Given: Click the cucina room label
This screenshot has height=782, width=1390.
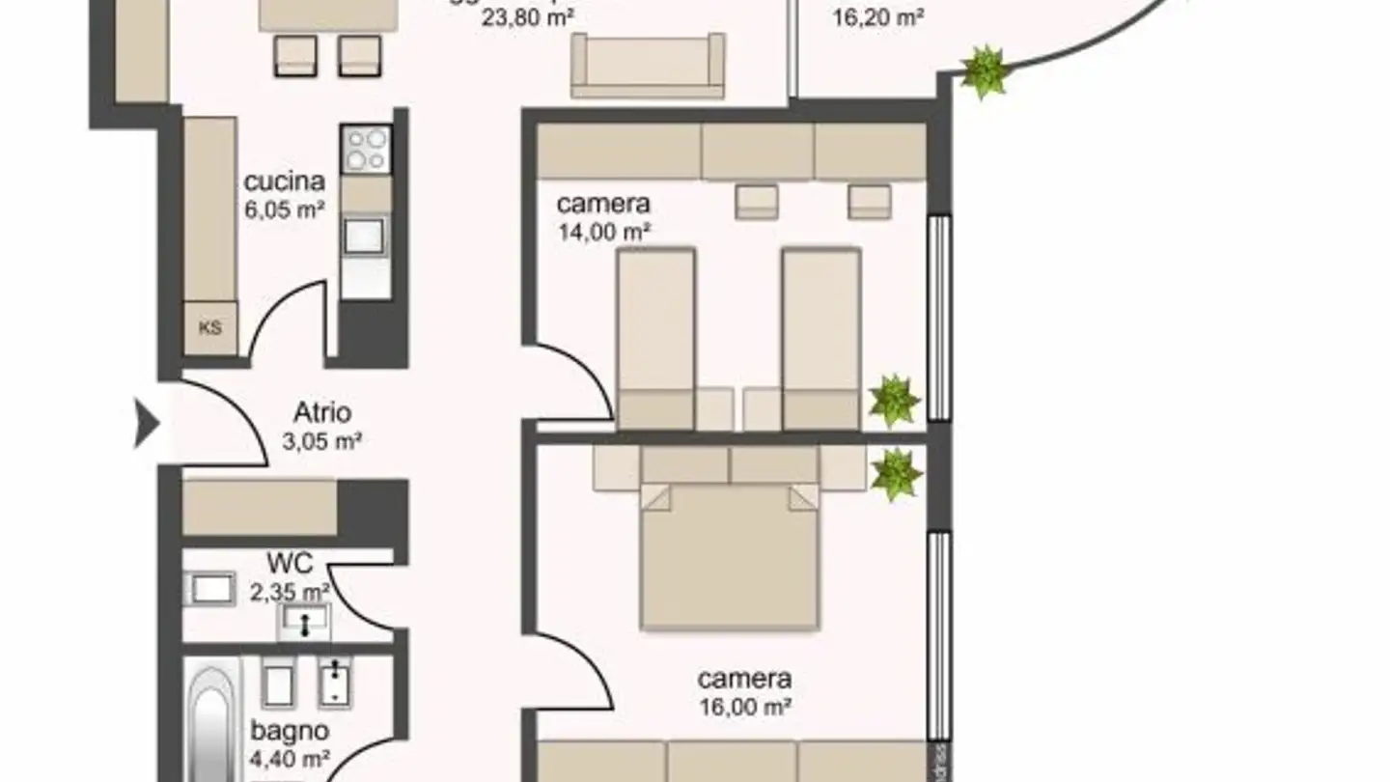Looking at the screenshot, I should click(x=284, y=182).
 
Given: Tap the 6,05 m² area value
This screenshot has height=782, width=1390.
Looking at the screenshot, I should click(x=284, y=209).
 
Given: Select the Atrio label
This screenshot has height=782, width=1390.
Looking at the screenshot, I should click(x=322, y=413).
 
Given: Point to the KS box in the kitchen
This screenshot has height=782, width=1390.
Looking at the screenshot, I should click(x=209, y=327).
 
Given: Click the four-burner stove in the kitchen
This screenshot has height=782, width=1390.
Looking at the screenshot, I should click(x=367, y=150).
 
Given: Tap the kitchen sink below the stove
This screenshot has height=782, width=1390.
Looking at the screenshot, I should click(x=366, y=236).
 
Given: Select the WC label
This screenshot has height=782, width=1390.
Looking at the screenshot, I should click(x=291, y=563).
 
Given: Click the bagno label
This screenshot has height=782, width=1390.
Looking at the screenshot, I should click(x=291, y=731).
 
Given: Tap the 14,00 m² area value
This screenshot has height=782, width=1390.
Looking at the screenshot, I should click(x=603, y=232).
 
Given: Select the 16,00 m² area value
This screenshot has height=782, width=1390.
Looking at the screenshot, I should click(x=744, y=707).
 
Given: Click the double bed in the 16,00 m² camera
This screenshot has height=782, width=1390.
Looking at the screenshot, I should click(x=730, y=555).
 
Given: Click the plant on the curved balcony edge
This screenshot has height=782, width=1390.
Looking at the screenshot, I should click(x=984, y=71).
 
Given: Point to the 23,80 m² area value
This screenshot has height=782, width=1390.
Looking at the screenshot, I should click(x=527, y=16).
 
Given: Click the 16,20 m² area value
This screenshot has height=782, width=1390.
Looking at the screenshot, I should click(x=878, y=16).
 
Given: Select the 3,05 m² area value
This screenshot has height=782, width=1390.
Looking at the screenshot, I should click(x=322, y=442).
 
